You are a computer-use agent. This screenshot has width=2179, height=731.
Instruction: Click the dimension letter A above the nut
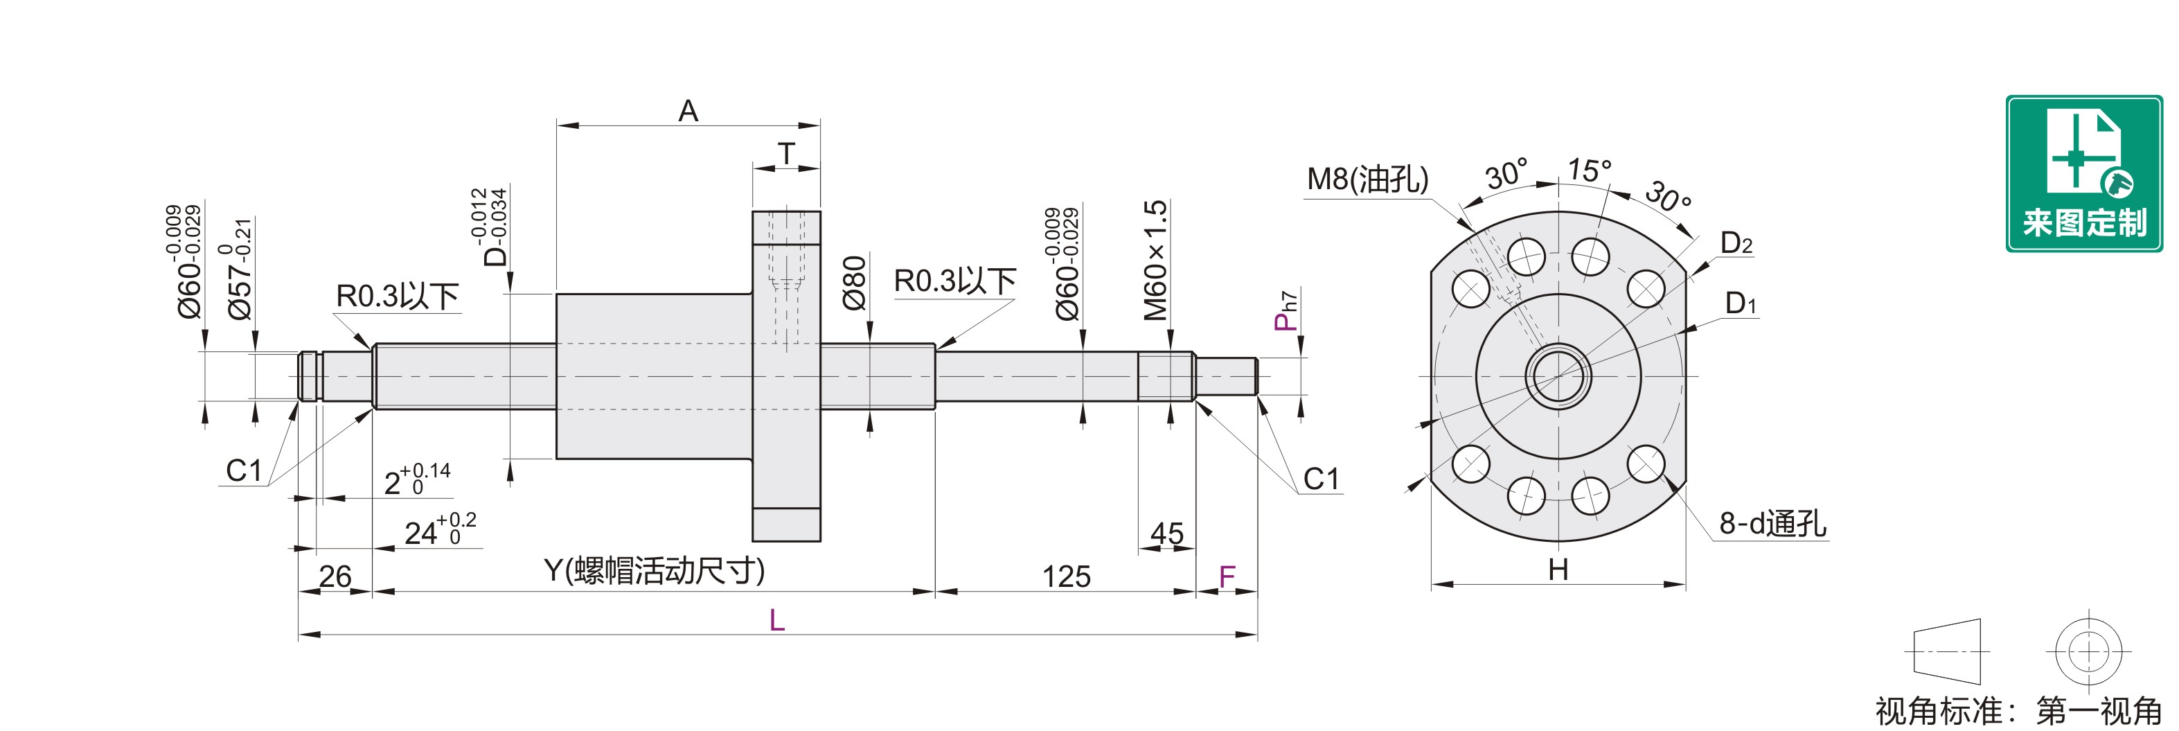[x=688, y=111]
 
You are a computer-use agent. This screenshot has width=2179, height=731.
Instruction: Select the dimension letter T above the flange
[x=786, y=153]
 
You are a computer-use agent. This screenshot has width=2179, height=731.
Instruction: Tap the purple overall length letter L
[x=776, y=620]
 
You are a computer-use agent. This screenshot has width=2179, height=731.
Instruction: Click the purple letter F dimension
[x=1227, y=577]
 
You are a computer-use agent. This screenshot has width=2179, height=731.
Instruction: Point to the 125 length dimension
[x=1066, y=576]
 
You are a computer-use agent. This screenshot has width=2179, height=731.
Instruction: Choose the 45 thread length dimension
[x=1166, y=533]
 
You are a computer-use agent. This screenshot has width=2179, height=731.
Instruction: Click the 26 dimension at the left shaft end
[x=335, y=576]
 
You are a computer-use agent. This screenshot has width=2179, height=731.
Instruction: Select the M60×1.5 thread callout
[x=1155, y=261]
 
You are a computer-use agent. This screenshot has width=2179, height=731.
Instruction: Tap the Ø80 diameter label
[x=854, y=283]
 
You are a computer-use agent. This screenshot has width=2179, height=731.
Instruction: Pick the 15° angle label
[x=1589, y=170]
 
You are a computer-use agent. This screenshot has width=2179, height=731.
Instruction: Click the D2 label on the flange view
[x=1736, y=244]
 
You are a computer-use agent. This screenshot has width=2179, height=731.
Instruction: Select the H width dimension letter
[x=1558, y=570]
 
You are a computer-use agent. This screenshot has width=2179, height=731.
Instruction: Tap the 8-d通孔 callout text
[x=1772, y=524]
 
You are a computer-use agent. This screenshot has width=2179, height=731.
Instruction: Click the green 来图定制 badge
[x=2084, y=173]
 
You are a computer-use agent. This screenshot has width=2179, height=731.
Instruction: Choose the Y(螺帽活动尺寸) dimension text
[x=654, y=570]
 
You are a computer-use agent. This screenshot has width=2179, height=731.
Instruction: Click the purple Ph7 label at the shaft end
[x=1286, y=310]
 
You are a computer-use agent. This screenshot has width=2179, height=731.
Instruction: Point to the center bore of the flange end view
[x=1558, y=376]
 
